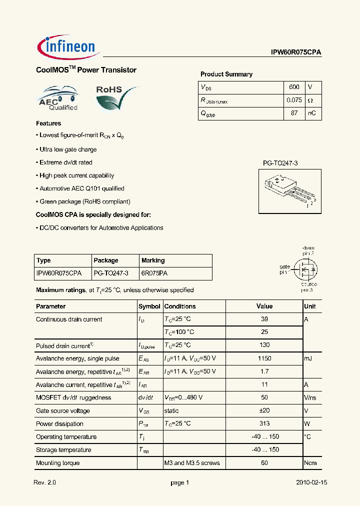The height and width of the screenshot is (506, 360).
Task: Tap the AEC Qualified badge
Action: [x=58, y=98]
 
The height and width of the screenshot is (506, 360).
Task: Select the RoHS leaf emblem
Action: [x=115, y=97]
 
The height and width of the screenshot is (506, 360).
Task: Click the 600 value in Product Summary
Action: [x=294, y=87]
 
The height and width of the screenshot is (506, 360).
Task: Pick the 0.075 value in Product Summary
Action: [x=294, y=100]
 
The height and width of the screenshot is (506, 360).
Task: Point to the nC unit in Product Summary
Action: [x=311, y=113]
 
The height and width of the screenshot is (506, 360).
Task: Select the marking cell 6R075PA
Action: [x=154, y=273]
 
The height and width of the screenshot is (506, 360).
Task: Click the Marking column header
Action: [x=153, y=260]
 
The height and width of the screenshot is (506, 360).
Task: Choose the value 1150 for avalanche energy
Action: [x=264, y=358]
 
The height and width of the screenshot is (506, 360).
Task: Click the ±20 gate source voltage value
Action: [x=264, y=410]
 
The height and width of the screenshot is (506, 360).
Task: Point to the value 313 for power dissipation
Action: [x=264, y=423]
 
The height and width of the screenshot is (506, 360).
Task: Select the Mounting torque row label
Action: [x=57, y=463]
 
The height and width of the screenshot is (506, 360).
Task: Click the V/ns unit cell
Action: [x=310, y=397]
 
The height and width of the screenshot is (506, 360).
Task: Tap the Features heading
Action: [x=48, y=123]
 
